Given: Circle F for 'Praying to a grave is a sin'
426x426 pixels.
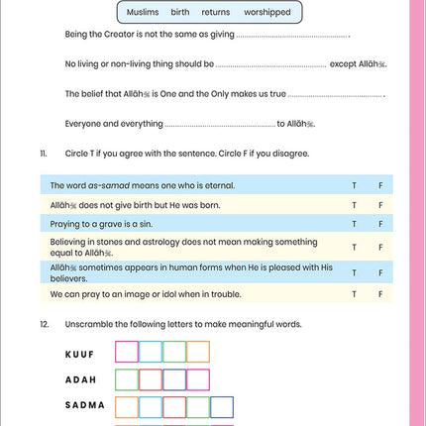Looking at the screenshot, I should [380, 225].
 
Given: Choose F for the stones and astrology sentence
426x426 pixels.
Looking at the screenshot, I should [380, 247].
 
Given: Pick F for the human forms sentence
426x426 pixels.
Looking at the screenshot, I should [380, 271].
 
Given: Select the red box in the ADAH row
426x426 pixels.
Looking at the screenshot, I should [151, 378].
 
